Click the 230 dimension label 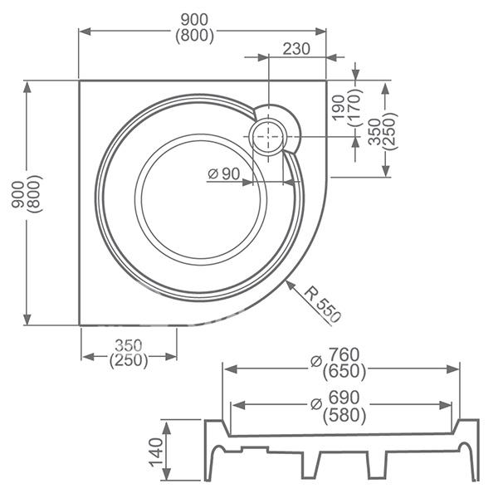coord(296,49)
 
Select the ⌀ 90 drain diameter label coord(223,173)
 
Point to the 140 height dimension coord(156,452)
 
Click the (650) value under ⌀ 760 coord(344,372)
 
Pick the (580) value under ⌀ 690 coord(344,416)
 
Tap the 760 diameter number coord(344,354)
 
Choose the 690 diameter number coord(344,398)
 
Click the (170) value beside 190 coord(355,107)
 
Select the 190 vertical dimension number coord(339,107)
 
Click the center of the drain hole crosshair coord(269,137)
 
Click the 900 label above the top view coord(194,20)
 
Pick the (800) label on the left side coord(34,193)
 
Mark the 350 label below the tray coord(129,345)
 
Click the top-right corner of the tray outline coord(326,81)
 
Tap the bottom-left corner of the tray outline coord(79,325)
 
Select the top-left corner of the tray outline coord(79,81)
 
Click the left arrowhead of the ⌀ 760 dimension coord(230,369)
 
